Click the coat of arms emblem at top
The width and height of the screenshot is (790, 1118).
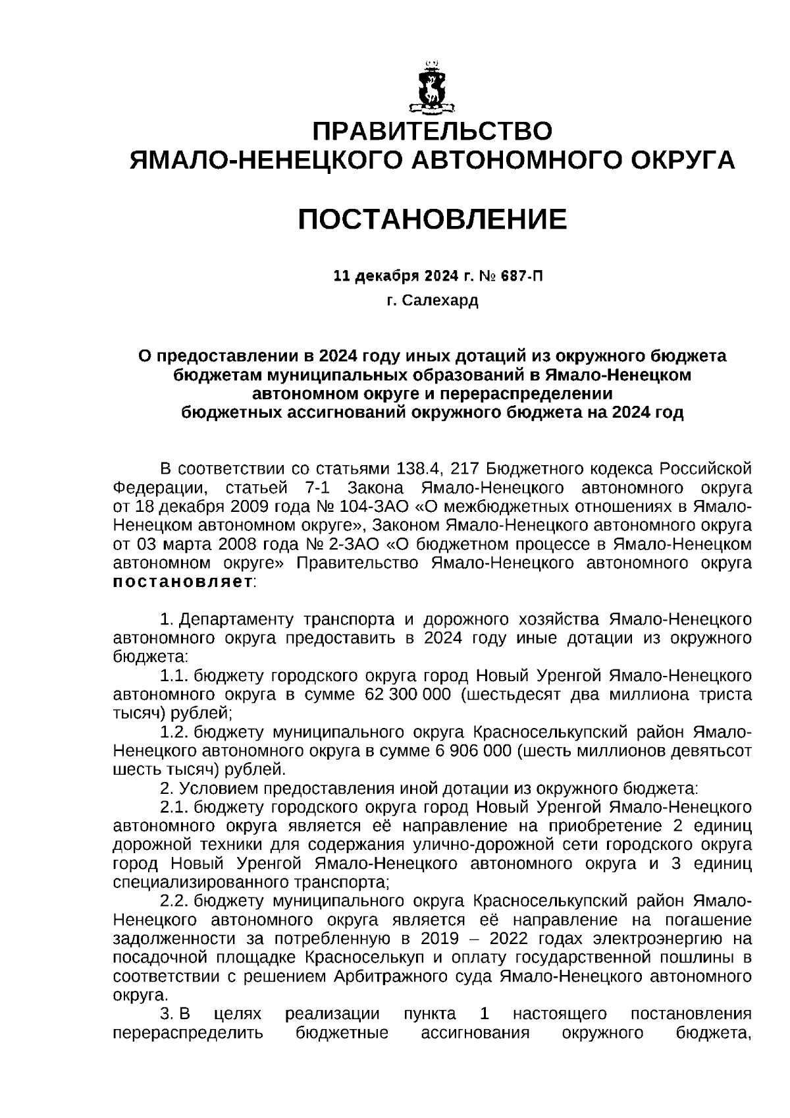click(x=432, y=86)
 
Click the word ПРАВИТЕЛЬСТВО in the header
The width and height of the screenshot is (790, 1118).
click(x=432, y=131)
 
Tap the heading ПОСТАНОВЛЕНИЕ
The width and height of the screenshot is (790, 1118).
click(x=432, y=219)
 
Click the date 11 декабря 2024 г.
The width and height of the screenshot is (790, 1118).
click(x=402, y=275)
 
